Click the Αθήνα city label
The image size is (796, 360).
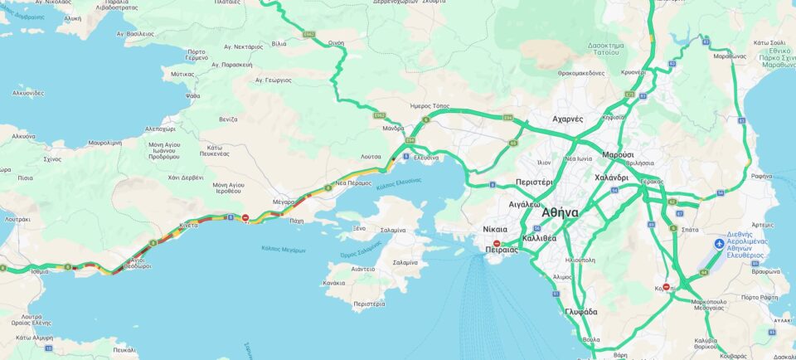coord(560,212)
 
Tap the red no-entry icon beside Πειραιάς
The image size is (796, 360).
coord(497,244)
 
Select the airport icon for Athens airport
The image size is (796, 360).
coord(719,244)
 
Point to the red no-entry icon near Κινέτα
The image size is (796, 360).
coord(245,218)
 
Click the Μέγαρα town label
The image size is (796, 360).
coord(284,202)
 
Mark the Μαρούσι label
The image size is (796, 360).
coord(618,155)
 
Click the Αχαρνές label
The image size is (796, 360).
coord(567,119)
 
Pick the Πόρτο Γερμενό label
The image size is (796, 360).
coord(197,55)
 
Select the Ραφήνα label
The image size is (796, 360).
coord(761,176)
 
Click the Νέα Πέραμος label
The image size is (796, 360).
coord(353,182)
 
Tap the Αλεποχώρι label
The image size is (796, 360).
coord(160,129)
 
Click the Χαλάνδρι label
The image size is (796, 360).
coord(611,178)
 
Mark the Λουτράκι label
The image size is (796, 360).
coord(17,220)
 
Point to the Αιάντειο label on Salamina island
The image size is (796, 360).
coord(362,269)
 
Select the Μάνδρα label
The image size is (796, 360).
coord(393,129)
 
